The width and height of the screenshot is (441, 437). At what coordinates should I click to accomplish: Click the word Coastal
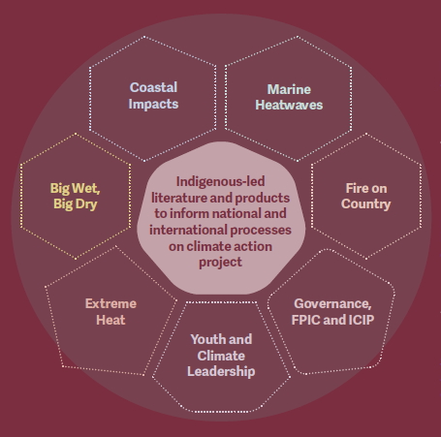153,87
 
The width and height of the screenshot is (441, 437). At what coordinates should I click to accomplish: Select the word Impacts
153,105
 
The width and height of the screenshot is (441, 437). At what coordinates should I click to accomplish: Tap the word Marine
289,89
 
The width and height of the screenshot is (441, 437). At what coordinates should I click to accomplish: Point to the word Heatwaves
289,105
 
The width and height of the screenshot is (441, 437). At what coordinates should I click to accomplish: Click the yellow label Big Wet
75,189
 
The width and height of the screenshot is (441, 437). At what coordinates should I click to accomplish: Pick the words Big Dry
76,204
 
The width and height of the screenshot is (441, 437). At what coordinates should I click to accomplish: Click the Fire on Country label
366,196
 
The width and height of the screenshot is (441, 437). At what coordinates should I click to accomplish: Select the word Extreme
110,303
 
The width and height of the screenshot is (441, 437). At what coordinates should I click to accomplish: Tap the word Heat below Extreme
110,320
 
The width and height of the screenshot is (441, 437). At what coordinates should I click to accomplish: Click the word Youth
206,339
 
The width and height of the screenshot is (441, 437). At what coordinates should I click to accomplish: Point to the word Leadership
221,371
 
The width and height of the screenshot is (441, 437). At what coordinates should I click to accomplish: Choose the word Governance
332,304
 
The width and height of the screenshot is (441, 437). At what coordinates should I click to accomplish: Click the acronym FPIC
305,320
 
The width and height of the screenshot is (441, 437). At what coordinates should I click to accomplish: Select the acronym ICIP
362,320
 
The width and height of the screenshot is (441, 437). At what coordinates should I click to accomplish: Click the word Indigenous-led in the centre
220,182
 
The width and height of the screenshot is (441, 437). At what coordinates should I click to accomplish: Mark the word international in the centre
188,230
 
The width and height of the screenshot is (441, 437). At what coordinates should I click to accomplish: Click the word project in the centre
220,263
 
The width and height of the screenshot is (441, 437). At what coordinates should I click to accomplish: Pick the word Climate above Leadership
221,356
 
